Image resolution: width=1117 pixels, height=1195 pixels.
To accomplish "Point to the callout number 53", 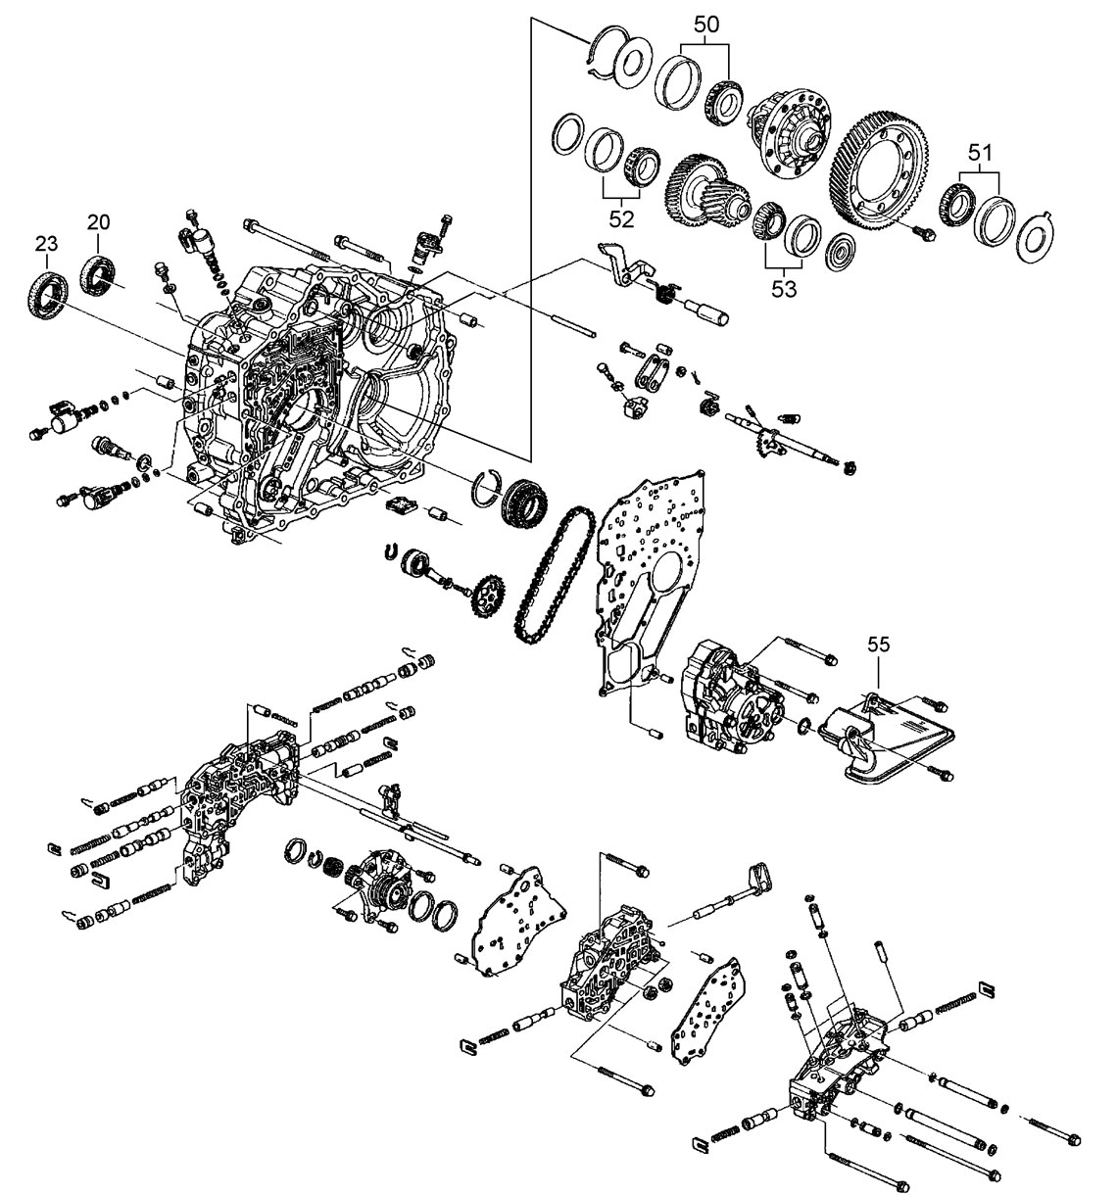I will (783, 289).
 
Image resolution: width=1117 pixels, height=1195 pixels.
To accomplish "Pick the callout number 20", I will (98, 223).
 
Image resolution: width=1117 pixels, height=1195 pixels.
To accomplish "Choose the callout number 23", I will (47, 241).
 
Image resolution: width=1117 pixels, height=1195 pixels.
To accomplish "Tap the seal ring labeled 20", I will (97, 271).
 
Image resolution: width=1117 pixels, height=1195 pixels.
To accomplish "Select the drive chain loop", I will (554, 573).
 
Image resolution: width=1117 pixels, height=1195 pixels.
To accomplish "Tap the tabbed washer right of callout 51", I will (1037, 236).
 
